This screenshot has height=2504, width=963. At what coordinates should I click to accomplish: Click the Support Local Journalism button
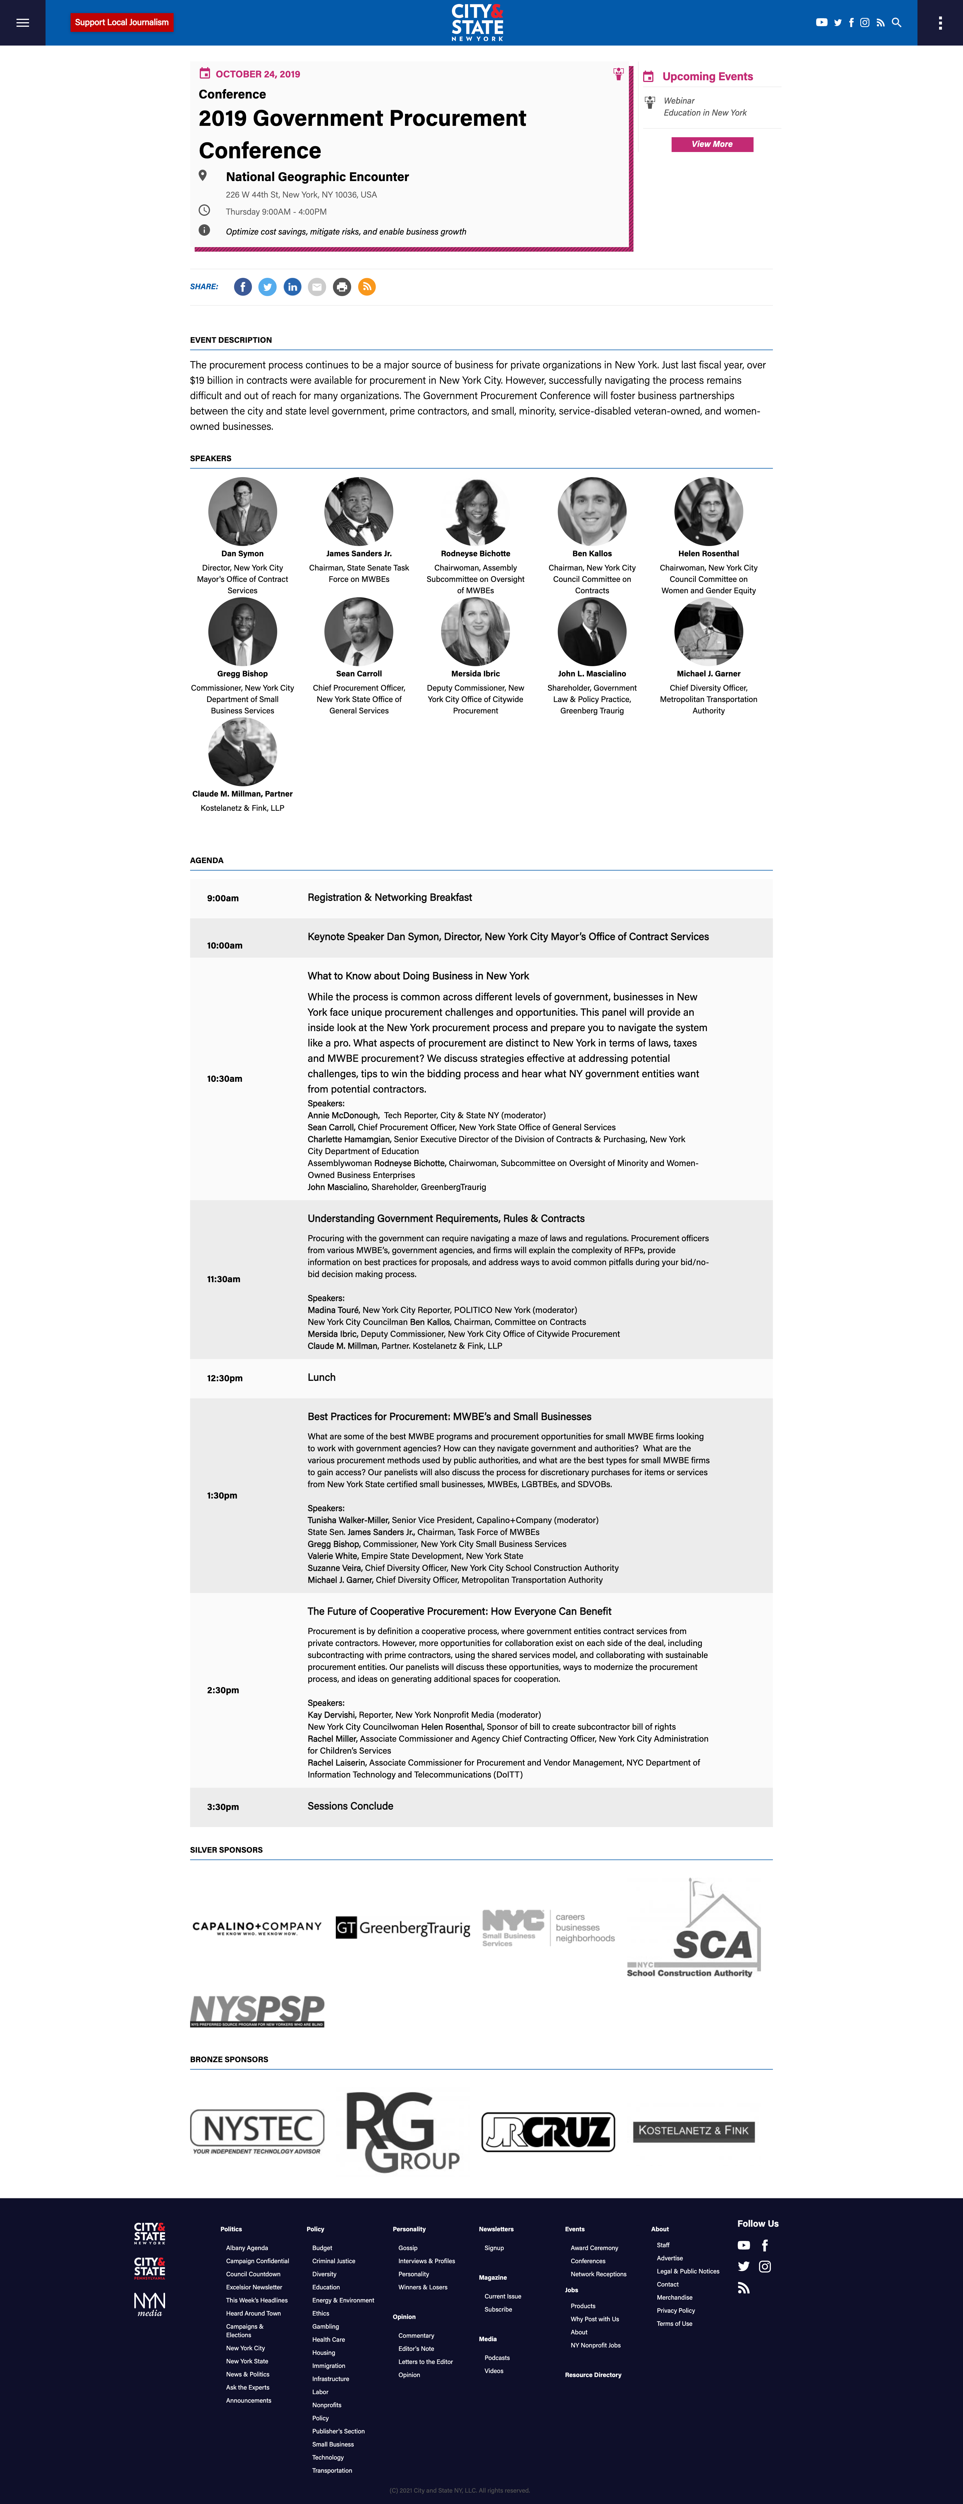point(122,22)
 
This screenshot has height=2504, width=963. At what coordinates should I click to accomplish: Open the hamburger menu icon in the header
point(22,22)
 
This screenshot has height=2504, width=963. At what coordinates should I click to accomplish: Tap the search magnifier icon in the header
point(896,22)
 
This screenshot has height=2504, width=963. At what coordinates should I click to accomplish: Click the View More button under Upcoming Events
point(711,144)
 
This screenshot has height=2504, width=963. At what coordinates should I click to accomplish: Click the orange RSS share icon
point(366,287)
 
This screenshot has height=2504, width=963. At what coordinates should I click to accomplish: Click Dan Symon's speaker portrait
point(242,511)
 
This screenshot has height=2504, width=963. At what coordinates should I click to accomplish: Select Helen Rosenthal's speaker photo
point(708,511)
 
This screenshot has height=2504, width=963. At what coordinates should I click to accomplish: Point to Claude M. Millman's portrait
point(242,751)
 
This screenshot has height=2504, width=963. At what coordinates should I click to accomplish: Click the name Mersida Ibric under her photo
point(475,674)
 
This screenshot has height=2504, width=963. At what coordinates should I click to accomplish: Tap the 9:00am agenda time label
point(223,898)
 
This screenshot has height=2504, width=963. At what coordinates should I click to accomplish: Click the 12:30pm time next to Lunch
point(225,1378)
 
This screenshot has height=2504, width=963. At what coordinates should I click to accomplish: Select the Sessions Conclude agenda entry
point(350,1806)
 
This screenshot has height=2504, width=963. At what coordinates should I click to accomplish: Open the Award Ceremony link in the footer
point(594,2248)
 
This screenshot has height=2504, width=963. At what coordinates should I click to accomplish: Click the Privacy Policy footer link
point(675,2310)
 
